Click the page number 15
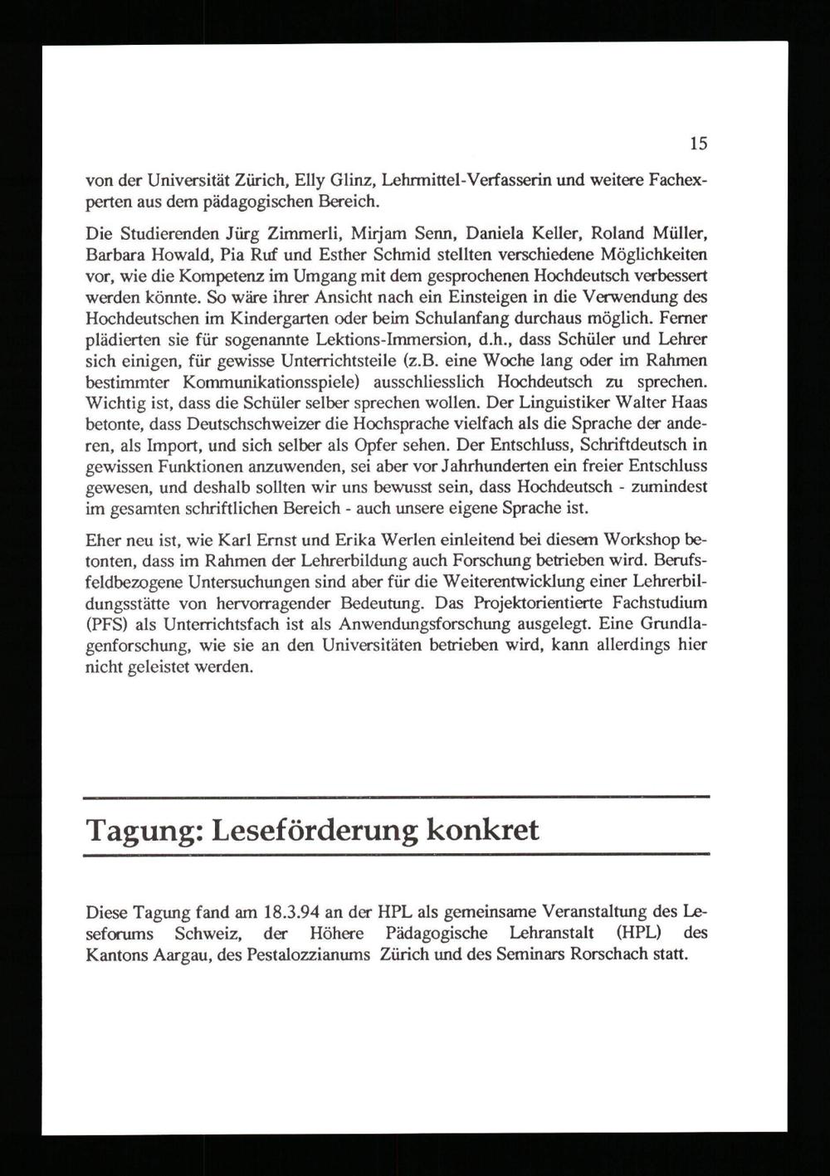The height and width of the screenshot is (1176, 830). [x=698, y=144]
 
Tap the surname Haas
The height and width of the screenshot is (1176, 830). [x=689, y=403]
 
